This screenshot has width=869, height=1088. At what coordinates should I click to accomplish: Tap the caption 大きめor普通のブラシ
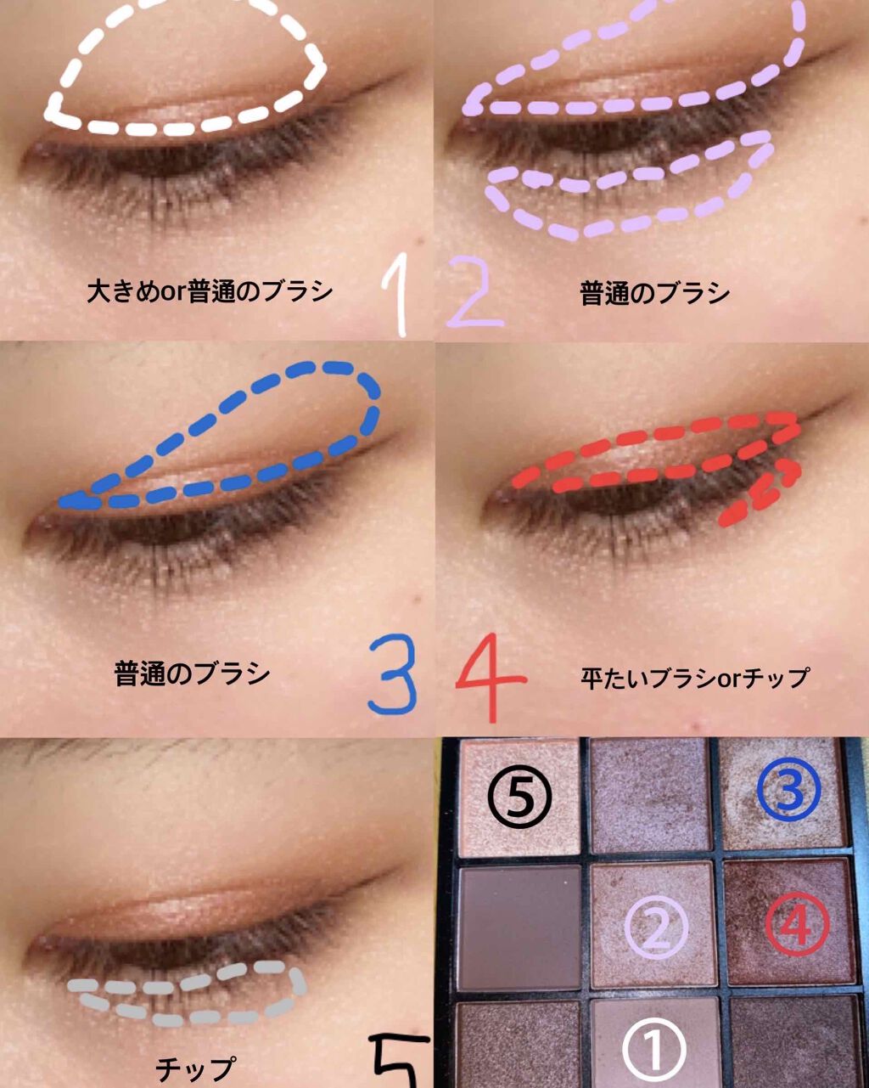pos(210,291)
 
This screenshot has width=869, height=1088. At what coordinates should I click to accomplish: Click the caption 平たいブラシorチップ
pos(694,678)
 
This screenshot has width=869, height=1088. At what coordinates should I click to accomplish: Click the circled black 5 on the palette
pos(519,798)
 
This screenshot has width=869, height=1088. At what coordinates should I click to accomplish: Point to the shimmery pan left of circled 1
pos(519,1047)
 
